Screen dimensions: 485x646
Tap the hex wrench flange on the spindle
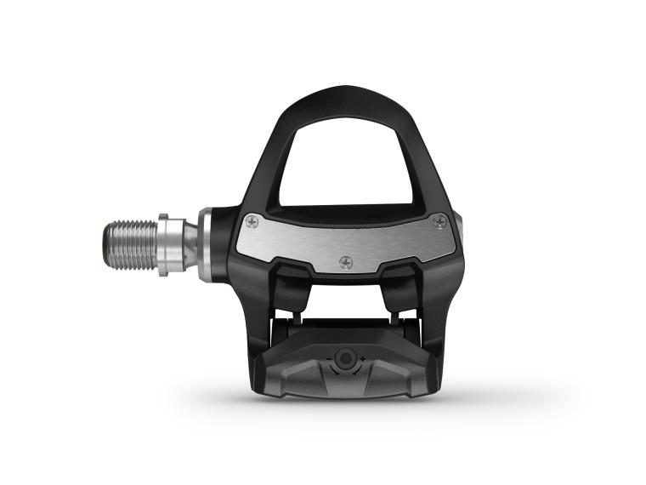(x=169, y=243)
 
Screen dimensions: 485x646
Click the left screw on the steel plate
(x=252, y=222)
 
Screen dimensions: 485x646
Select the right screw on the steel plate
(x=439, y=222)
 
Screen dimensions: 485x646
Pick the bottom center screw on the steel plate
(x=345, y=262)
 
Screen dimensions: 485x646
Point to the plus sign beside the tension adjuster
(x=363, y=359)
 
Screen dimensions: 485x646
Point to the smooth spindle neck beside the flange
(x=189, y=244)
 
